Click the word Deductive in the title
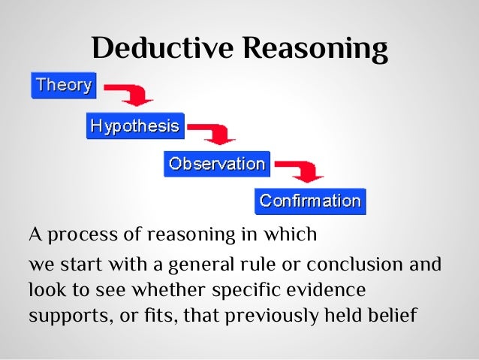(x=158, y=49)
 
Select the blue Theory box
(x=64, y=85)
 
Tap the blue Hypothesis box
(x=134, y=126)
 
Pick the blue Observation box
(x=217, y=164)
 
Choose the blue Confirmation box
(x=310, y=201)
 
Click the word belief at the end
(x=393, y=313)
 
